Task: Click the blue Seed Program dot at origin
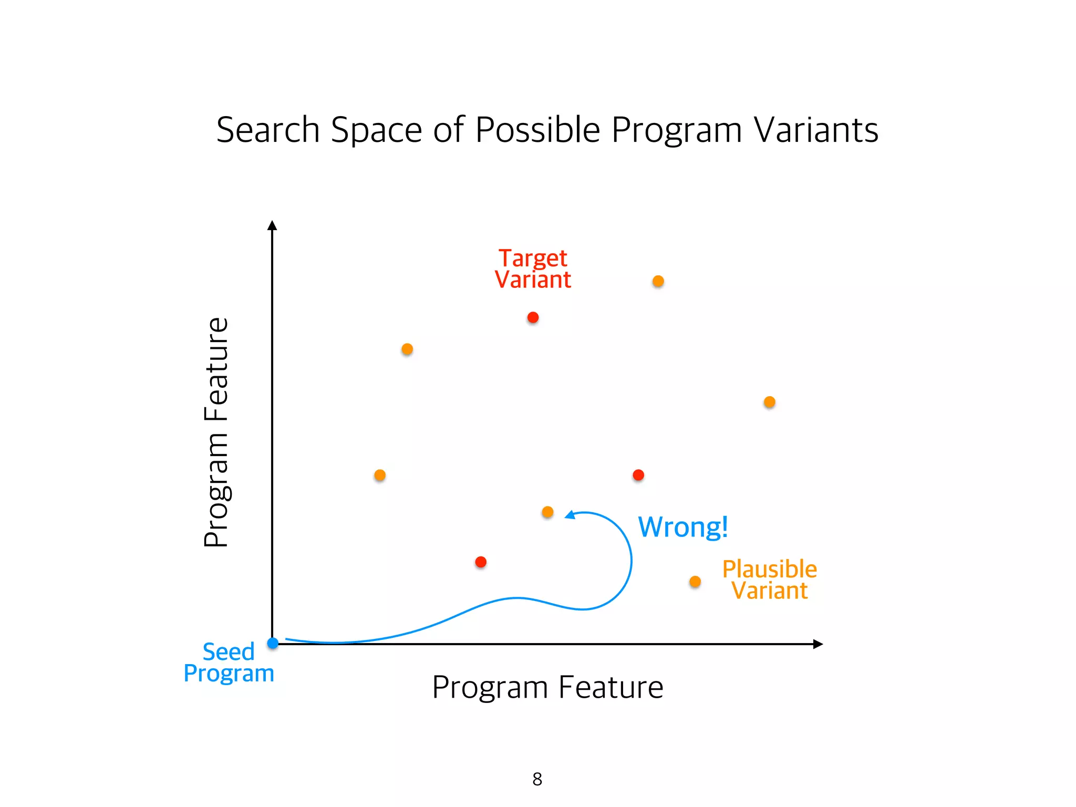[x=273, y=643]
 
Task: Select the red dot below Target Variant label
[x=533, y=317]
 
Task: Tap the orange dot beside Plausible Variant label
[x=695, y=582]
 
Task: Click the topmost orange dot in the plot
[x=658, y=281]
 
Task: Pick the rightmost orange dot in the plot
[x=769, y=402]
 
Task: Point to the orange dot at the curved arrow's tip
[x=547, y=512]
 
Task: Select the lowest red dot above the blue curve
[x=481, y=562]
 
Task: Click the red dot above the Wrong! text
[x=638, y=475]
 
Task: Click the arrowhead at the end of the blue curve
[x=570, y=515]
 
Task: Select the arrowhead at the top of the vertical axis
[x=272, y=225]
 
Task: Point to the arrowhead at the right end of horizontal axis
[x=818, y=644]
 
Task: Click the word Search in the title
[x=268, y=130]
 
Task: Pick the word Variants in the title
[x=816, y=130]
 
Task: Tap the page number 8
[x=537, y=779]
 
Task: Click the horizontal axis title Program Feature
[x=547, y=687]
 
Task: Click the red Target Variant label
[x=533, y=268]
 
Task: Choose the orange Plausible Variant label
[x=769, y=580]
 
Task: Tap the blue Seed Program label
[x=229, y=662]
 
